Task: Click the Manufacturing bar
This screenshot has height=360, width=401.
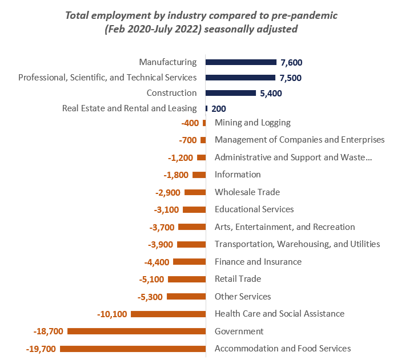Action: (x=240, y=62)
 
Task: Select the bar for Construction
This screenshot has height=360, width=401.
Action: (x=231, y=93)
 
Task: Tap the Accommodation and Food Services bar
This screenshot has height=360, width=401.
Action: (x=133, y=349)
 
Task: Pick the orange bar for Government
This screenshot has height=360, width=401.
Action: (x=137, y=331)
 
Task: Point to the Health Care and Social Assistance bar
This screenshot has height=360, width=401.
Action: (x=168, y=314)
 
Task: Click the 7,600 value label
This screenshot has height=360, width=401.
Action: (x=291, y=62)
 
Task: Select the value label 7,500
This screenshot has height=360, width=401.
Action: (x=291, y=78)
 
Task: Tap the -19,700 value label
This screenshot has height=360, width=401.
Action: (x=41, y=349)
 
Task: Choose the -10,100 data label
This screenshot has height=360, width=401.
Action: (x=112, y=314)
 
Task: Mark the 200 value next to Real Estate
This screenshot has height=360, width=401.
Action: (x=219, y=108)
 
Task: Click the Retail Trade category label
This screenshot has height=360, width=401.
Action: (x=238, y=279)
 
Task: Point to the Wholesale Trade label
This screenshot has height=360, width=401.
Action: (x=247, y=192)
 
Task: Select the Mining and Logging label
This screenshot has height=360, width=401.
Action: (x=252, y=123)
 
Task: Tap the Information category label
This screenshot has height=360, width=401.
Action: (x=238, y=175)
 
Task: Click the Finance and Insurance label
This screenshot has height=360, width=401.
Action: (x=258, y=262)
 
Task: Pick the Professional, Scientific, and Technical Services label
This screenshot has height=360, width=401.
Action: (x=107, y=78)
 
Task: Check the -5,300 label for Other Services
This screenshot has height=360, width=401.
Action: (x=150, y=297)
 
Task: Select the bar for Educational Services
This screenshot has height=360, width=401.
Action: (x=194, y=209)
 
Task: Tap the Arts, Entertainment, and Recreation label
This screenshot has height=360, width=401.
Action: (x=284, y=227)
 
